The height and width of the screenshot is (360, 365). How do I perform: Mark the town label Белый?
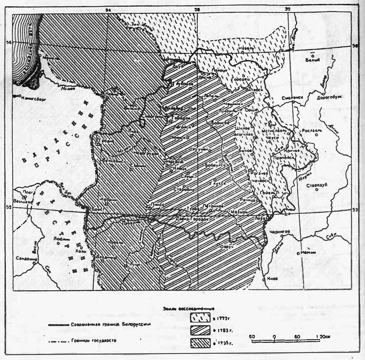click(x=313, y=60)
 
